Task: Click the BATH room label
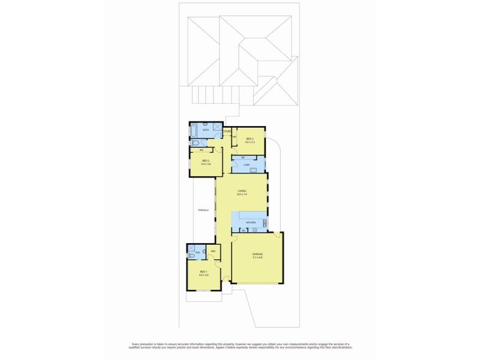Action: pos(206,130)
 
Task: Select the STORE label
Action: pos(227,131)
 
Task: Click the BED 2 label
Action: pos(206,162)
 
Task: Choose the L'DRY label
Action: pos(247,165)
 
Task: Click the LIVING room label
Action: pos(242,193)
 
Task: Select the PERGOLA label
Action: pos(203,210)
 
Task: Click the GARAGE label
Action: pos(257,254)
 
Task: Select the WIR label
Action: pos(213,251)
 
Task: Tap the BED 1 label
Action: pos(204,274)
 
